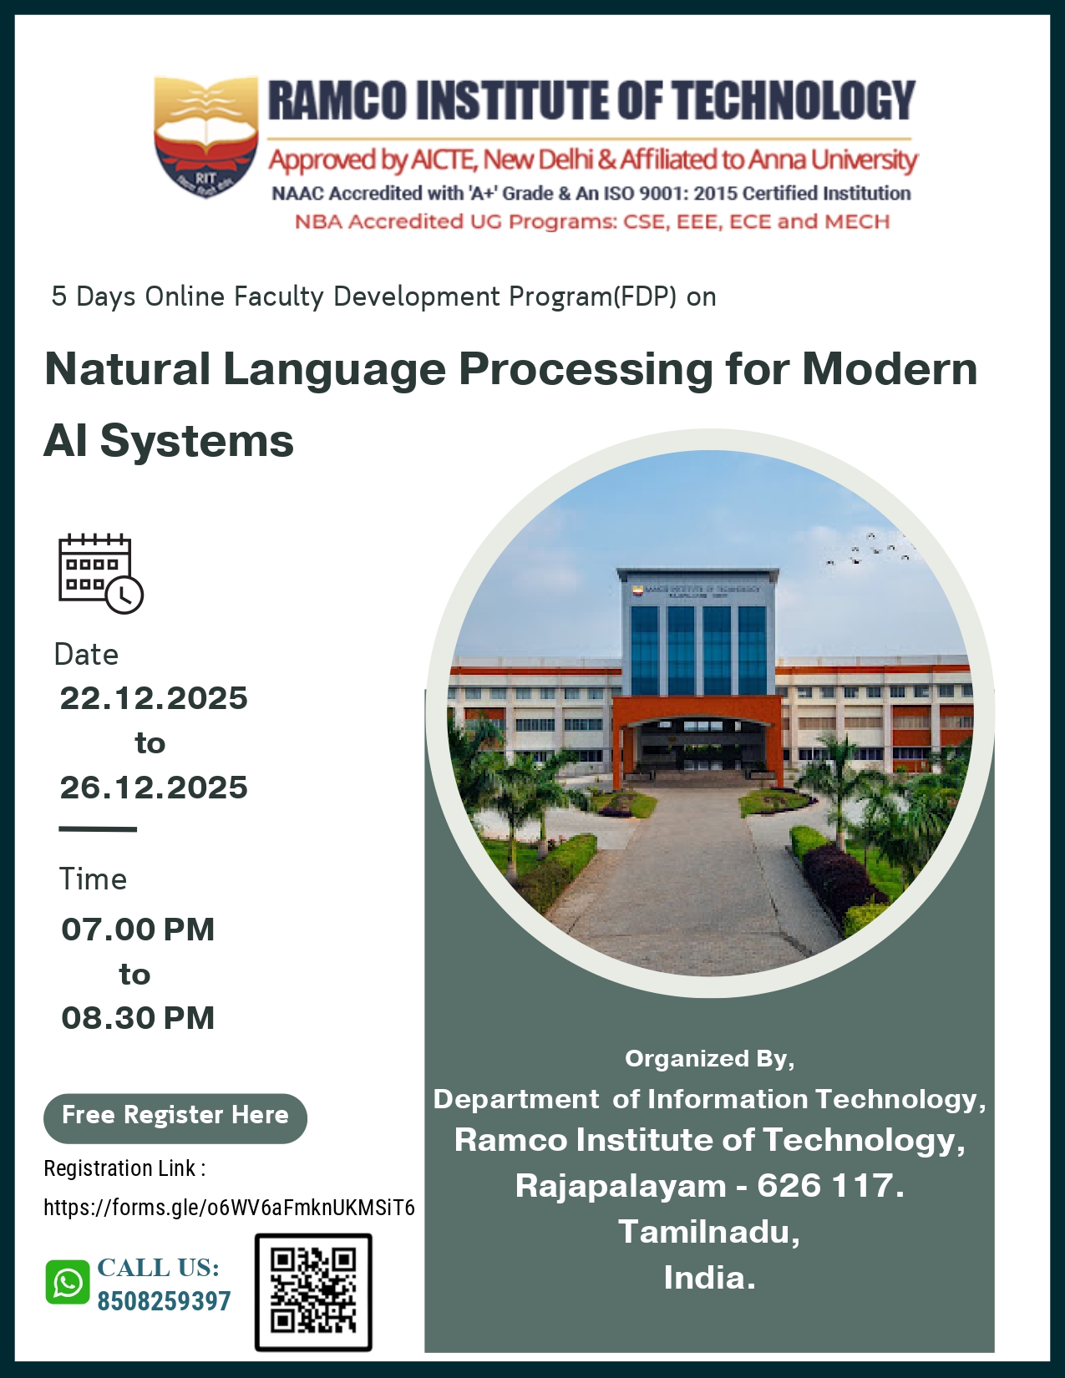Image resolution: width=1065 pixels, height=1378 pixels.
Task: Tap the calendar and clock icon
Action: click(100, 574)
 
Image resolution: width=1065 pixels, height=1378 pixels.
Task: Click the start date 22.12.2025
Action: click(154, 698)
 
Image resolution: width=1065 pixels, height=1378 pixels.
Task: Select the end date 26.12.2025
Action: click(154, 788)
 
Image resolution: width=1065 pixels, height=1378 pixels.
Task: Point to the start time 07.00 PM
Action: click(138, 930)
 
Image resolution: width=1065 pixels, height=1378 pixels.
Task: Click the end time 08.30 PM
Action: click(138, 1018)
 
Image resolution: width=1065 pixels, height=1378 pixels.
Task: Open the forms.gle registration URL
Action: click(229, 1208)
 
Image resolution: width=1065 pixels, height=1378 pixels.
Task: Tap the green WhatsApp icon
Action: click(68, 1283)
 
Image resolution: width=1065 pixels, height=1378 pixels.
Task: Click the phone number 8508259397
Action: click(164, 1301)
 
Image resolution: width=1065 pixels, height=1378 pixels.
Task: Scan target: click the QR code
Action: click(313, 1291)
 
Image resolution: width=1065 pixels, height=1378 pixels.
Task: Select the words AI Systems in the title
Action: click(169, 441)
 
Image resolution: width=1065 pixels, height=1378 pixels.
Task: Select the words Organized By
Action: click(709, 1058)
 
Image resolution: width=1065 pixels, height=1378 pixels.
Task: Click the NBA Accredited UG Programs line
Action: click(592, 222)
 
